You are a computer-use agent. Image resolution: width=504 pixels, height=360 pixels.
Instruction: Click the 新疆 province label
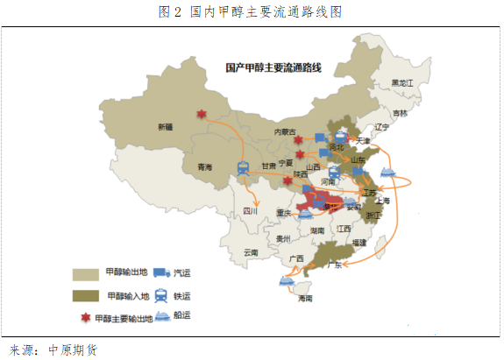pyautogui.click(x=165, y=127)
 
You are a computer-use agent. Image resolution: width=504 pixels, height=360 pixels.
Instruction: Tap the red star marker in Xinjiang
pyautogui.click(x=202, y=115)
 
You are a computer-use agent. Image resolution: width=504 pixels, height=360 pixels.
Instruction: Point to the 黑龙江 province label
pyautogui.click(x=402, y=82)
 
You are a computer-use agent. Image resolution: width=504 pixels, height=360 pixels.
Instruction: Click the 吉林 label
pyautogui.click(x=400, y=113)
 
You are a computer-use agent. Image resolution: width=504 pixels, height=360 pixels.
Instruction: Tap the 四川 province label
pyautogui.click(x=251, y=211)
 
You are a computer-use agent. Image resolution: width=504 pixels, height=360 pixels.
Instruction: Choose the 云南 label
pyautogui.click(x=252, y=252)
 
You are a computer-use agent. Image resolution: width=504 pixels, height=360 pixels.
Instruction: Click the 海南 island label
pyautogui.click(x=305, y=299)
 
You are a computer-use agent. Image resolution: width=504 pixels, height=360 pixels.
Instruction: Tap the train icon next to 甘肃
pyautogui.click(x=242, y=171)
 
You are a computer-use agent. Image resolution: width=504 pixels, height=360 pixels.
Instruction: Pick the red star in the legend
pyautogui.click(x=85, y=317)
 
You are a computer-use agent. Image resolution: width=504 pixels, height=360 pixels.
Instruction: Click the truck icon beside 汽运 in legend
pyautogui.click(x=161, y=273)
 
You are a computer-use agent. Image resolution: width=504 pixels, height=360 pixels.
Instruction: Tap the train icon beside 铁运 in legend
pyautogui.click(x=161, y=295)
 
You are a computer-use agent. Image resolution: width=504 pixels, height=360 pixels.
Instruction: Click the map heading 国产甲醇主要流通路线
pyautogui.click(x=273, y=67)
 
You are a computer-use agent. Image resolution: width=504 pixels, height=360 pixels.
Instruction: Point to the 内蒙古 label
pyautogui.click(x=287, y=131)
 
